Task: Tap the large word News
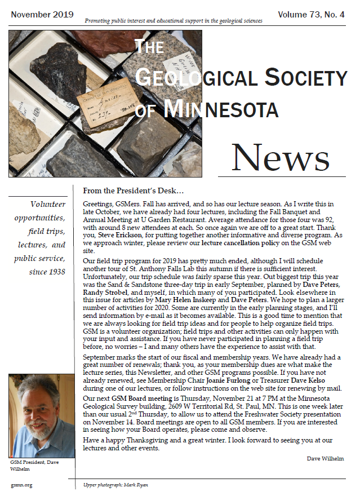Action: click(280, 157)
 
